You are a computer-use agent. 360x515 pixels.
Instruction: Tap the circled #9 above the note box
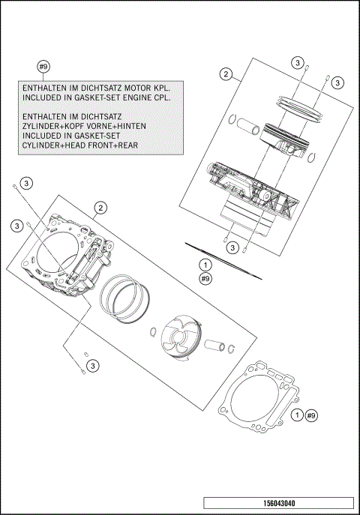pos(43,67)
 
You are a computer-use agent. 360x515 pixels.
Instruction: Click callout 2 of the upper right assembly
pos(225,73)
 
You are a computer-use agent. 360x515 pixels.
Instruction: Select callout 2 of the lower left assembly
pos(100,208)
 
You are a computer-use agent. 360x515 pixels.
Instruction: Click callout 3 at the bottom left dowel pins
pos(91,365)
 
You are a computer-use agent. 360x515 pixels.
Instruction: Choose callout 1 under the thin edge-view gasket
pos(204,265)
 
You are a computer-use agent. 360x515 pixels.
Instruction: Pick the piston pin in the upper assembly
pos(243,127)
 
